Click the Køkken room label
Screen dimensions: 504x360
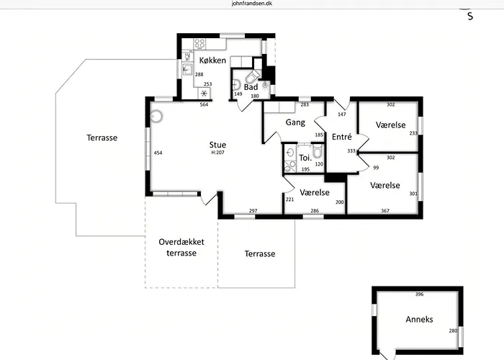pyautogui.click(x=212, y=60)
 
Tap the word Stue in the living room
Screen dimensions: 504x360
pyautogui.click(x=217, y=145)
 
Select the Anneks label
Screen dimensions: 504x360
pyautogui.click(x=419, y=320)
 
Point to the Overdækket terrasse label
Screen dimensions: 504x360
pyautogui.click(x=181, y=248)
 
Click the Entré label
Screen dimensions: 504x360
pyautogui.click(x=342, y=137)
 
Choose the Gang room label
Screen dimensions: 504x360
pyautogui.click(x=295, y=122)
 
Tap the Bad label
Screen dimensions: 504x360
pyautogui.click(x=251, y=87)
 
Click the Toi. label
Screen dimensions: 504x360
pyautogui.click(x=305, y=158)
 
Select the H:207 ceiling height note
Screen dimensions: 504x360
pyautogui.click(x=217, y=153)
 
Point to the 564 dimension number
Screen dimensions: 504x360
pyautogui.click(x=204, y=104)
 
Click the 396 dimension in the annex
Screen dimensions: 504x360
pyautogui.click(x=420, y=294)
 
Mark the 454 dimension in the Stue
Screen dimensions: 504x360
pyautogui.click(x=158, y=153)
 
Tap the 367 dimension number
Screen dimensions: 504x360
pyautogui.click(x=385, y=211)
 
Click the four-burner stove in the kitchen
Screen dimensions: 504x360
pyautogui.click(x=199, y=43)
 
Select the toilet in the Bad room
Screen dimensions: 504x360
pyautogui.click(x=252, y=76)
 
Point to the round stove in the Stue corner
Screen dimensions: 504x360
pyautogui.click(x=156, y=117)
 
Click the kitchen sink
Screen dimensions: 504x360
pyautogui.click(x=187, y=69)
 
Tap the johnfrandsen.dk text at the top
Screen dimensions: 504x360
pyautogui.click(x=252, y=4)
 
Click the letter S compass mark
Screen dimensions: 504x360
pyautogui.click(x=470, y=17)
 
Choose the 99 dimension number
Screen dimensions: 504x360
pyautogui.click(x=376, y=168)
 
